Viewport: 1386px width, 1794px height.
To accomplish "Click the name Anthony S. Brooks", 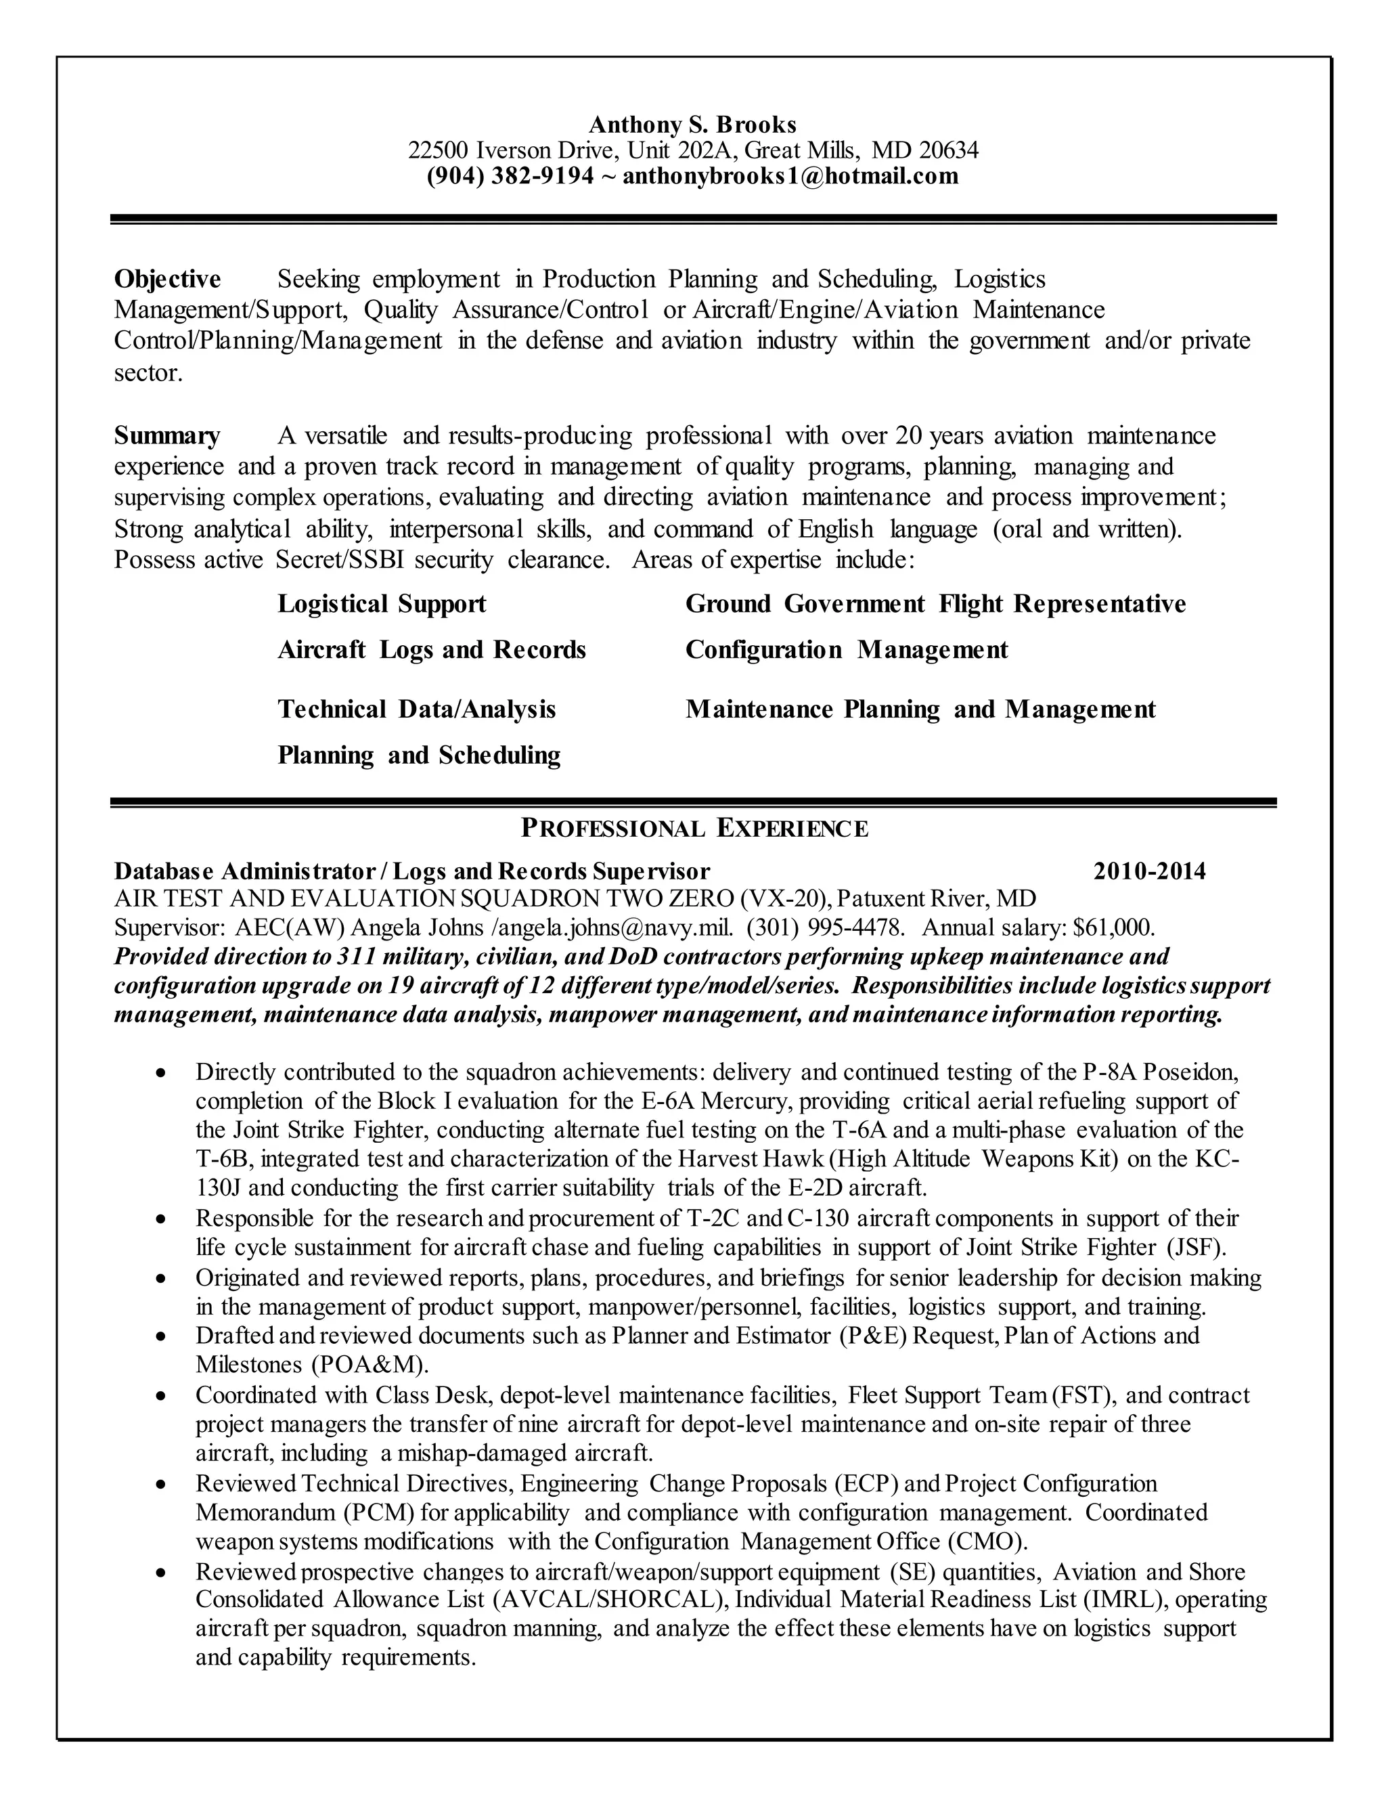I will (x=692, y=125).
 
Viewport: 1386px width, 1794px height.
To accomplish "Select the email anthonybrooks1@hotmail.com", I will (x=790, y=176).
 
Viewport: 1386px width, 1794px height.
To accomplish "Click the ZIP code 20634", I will (x=948, y=150).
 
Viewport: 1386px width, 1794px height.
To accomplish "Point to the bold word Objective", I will (x=168, y=280).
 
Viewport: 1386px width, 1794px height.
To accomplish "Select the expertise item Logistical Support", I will (x=382, y=604).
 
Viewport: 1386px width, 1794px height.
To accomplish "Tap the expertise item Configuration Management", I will (x=847, y=650).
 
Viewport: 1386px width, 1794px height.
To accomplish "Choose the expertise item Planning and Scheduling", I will (x=419, y=755).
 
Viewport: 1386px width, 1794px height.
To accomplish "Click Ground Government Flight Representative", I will (x=935, y=604).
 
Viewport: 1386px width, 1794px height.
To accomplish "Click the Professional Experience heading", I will (x=694, y=828).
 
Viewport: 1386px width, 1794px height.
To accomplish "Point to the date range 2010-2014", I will (x=1150, y=871).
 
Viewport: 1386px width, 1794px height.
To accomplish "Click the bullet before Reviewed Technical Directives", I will (x=162, y=1485).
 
